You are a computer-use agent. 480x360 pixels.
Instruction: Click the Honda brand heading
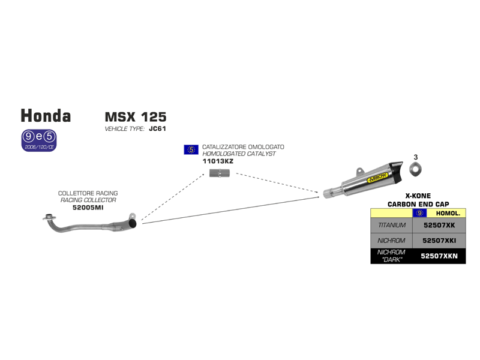click(x=46, y=116)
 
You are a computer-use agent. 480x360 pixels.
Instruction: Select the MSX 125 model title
click(x=136, y=116)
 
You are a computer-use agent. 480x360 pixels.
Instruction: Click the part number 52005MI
click(x=88, y=207)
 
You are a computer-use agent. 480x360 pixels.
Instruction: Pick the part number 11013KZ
click(x=218, y=161)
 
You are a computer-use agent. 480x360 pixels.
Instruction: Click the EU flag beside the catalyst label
click(x=191, y=150)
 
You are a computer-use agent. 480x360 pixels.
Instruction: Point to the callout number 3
click(x=415, y=157)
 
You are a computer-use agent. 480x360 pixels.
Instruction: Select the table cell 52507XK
click(x=439, y=226)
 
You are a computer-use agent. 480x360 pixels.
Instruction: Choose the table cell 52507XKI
click(x=439, y=241)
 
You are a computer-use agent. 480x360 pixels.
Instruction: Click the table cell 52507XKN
click(x=439, y=256)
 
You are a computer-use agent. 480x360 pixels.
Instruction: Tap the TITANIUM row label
click(x=392, y=226)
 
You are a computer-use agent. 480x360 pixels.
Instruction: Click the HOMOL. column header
click(x=447, y=213)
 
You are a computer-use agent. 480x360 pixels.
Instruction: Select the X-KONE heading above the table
click(x=418, y=196)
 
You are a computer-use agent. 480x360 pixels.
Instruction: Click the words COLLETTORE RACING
click(x=88, y=193)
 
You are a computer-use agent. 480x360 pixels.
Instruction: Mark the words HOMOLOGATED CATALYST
click(x=239, y=154)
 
